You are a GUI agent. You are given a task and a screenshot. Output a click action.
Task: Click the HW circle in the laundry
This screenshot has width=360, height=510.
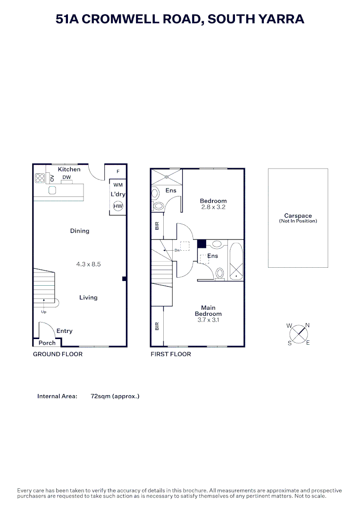pyautogui.click(x=118, y=206)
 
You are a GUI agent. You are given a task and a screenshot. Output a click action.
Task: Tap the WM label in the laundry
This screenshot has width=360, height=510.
pyautogui.click(x=118, y=185)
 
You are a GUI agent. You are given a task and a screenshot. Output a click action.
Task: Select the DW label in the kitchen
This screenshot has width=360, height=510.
pyautogui.click(x=67, y=177)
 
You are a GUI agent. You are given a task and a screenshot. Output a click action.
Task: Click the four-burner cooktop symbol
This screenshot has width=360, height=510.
pyautogui.click(x=40, y=178)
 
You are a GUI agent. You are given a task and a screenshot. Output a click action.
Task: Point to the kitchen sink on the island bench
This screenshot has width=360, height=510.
pyautogui.click(x=52, y=190)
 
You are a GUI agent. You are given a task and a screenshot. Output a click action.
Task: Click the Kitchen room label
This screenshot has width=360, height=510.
pyautogui.click(x=69, y=169)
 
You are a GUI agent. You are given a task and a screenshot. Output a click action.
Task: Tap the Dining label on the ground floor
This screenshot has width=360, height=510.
pyautogui.click(x=80, y=231)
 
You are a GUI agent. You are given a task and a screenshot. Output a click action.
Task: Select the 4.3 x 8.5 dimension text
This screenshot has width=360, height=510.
pyautogui.click(x=88, y=264)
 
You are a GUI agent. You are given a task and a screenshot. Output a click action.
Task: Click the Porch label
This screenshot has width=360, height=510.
pyautogui.click(x=47, y=343)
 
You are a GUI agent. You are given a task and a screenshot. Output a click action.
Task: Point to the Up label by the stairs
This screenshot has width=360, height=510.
pyautogui.click(x=44, y=312)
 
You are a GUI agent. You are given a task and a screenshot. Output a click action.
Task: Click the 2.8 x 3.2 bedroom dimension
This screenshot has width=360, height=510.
pyautogui.click(x=213, y=207)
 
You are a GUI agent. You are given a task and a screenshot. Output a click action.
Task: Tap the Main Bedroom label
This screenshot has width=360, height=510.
pyautogui.click(x=208, y=311)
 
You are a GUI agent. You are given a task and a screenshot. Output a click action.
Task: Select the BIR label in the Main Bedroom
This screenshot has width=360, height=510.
pyautogui.click(x=157, y=326)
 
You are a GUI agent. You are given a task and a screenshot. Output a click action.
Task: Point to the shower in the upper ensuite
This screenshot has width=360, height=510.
pyautogui.click(x=167, y=177)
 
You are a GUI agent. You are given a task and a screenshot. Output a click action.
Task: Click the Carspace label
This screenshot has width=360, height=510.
pyautogui.click(x=298, y=216)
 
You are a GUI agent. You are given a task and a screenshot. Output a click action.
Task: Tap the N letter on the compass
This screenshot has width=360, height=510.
pyautogui.click(x=307, y=325)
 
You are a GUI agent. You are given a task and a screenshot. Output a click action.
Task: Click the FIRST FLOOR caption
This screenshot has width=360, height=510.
pyautogui.click(x=171, y=354)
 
